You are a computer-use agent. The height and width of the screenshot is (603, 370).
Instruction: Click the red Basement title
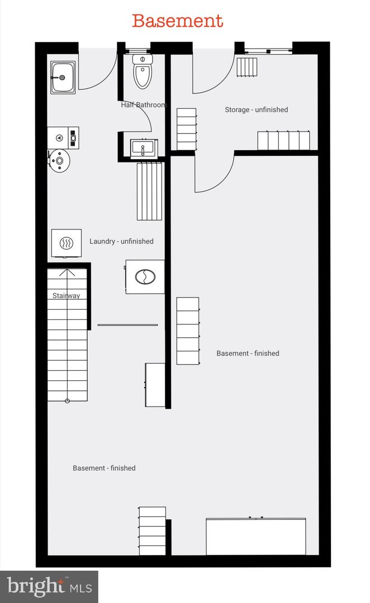[178, 21]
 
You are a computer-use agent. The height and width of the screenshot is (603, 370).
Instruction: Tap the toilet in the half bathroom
[143, 71]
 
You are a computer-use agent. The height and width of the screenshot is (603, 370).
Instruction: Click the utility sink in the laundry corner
[63, 78]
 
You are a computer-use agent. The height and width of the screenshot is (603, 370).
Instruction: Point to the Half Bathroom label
[143, 104]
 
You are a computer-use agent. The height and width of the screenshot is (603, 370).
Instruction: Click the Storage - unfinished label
[257, 109]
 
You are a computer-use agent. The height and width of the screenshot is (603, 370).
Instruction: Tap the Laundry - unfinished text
[121, 241]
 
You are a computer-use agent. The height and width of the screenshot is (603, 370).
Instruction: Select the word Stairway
[66, 295]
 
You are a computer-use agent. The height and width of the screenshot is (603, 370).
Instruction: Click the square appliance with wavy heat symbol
[67, 243]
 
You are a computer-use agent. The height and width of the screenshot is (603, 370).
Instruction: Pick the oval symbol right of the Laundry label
[145, 276]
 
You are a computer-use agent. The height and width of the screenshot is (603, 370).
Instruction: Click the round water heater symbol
[59, 160]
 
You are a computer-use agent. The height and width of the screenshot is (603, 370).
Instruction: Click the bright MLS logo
[49, 586]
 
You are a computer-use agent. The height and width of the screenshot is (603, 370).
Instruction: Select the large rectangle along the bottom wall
[256, 537]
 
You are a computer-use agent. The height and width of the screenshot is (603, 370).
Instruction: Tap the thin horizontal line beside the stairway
[127, 325]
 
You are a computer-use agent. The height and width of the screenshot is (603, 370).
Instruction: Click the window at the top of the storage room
[268, 50]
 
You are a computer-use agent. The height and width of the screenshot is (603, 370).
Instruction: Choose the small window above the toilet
[138, 50]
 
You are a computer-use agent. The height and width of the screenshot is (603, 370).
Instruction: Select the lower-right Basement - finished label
[248, 353]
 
